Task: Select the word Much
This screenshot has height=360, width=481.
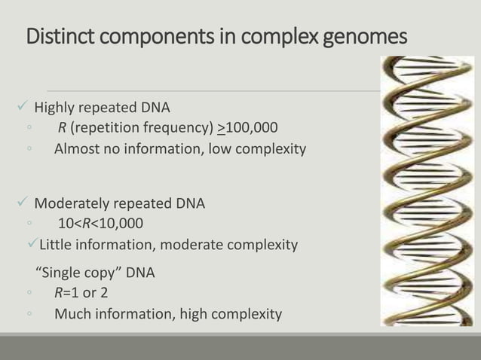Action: (72, 313)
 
